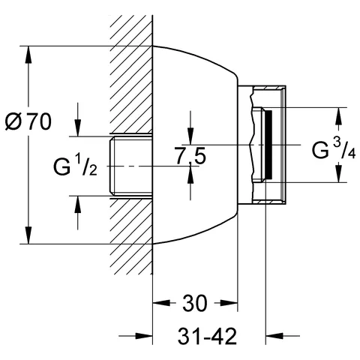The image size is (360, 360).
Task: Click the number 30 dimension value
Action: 196,304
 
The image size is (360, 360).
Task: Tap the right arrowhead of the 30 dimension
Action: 233,304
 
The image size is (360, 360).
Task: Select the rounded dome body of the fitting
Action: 195,90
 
